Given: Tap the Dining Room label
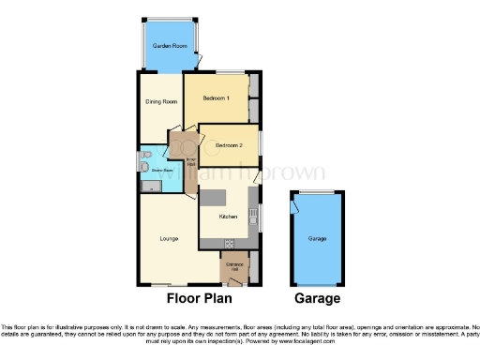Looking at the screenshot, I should (x=161, y=103).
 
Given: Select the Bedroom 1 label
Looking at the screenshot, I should (x=217, y=98).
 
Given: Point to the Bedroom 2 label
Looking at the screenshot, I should (x=229, y=145).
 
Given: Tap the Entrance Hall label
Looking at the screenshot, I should (x=233, y=266).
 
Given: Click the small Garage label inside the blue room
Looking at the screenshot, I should (x=318, y=239).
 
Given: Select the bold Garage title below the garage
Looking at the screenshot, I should (x=318, y=299).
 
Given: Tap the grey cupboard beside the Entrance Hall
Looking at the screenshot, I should (x=251, y=267).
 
